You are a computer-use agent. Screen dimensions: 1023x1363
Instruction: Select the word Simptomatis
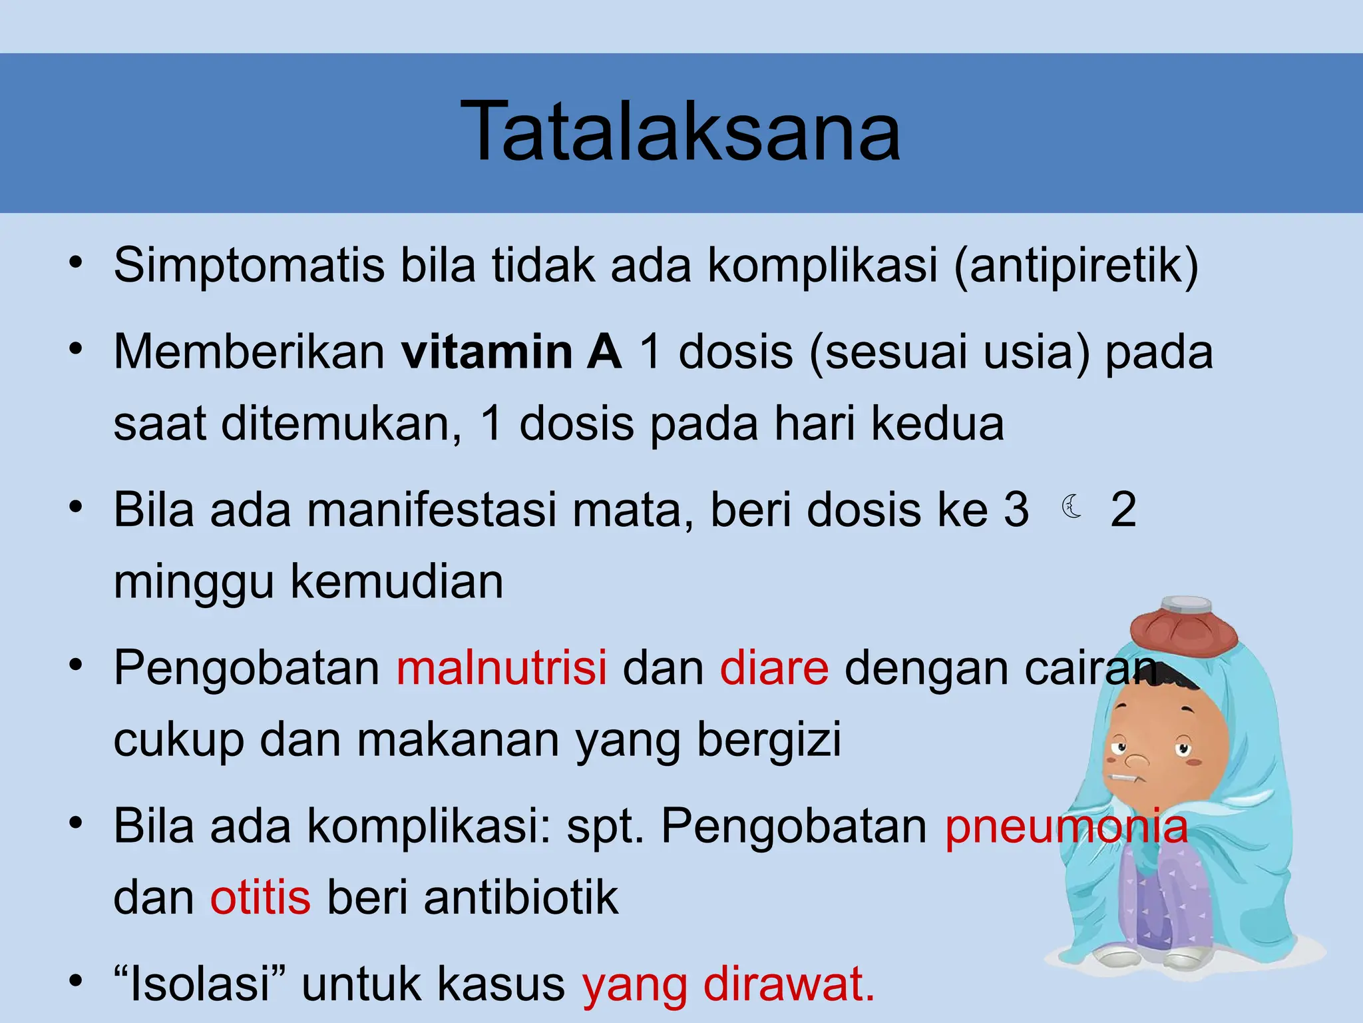249,266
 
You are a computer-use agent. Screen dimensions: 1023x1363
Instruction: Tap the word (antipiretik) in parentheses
1076,266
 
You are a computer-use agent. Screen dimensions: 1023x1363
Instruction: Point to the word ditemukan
341,424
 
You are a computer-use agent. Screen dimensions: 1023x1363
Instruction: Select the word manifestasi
431,510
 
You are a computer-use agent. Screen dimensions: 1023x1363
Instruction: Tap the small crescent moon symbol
1071,507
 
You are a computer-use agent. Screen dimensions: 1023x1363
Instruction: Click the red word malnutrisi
502,667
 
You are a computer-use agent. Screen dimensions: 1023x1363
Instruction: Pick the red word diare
774,667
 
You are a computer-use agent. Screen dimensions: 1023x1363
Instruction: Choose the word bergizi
769,741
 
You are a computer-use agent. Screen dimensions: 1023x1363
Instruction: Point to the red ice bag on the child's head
1184,625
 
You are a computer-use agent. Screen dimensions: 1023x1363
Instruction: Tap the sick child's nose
1136,759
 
